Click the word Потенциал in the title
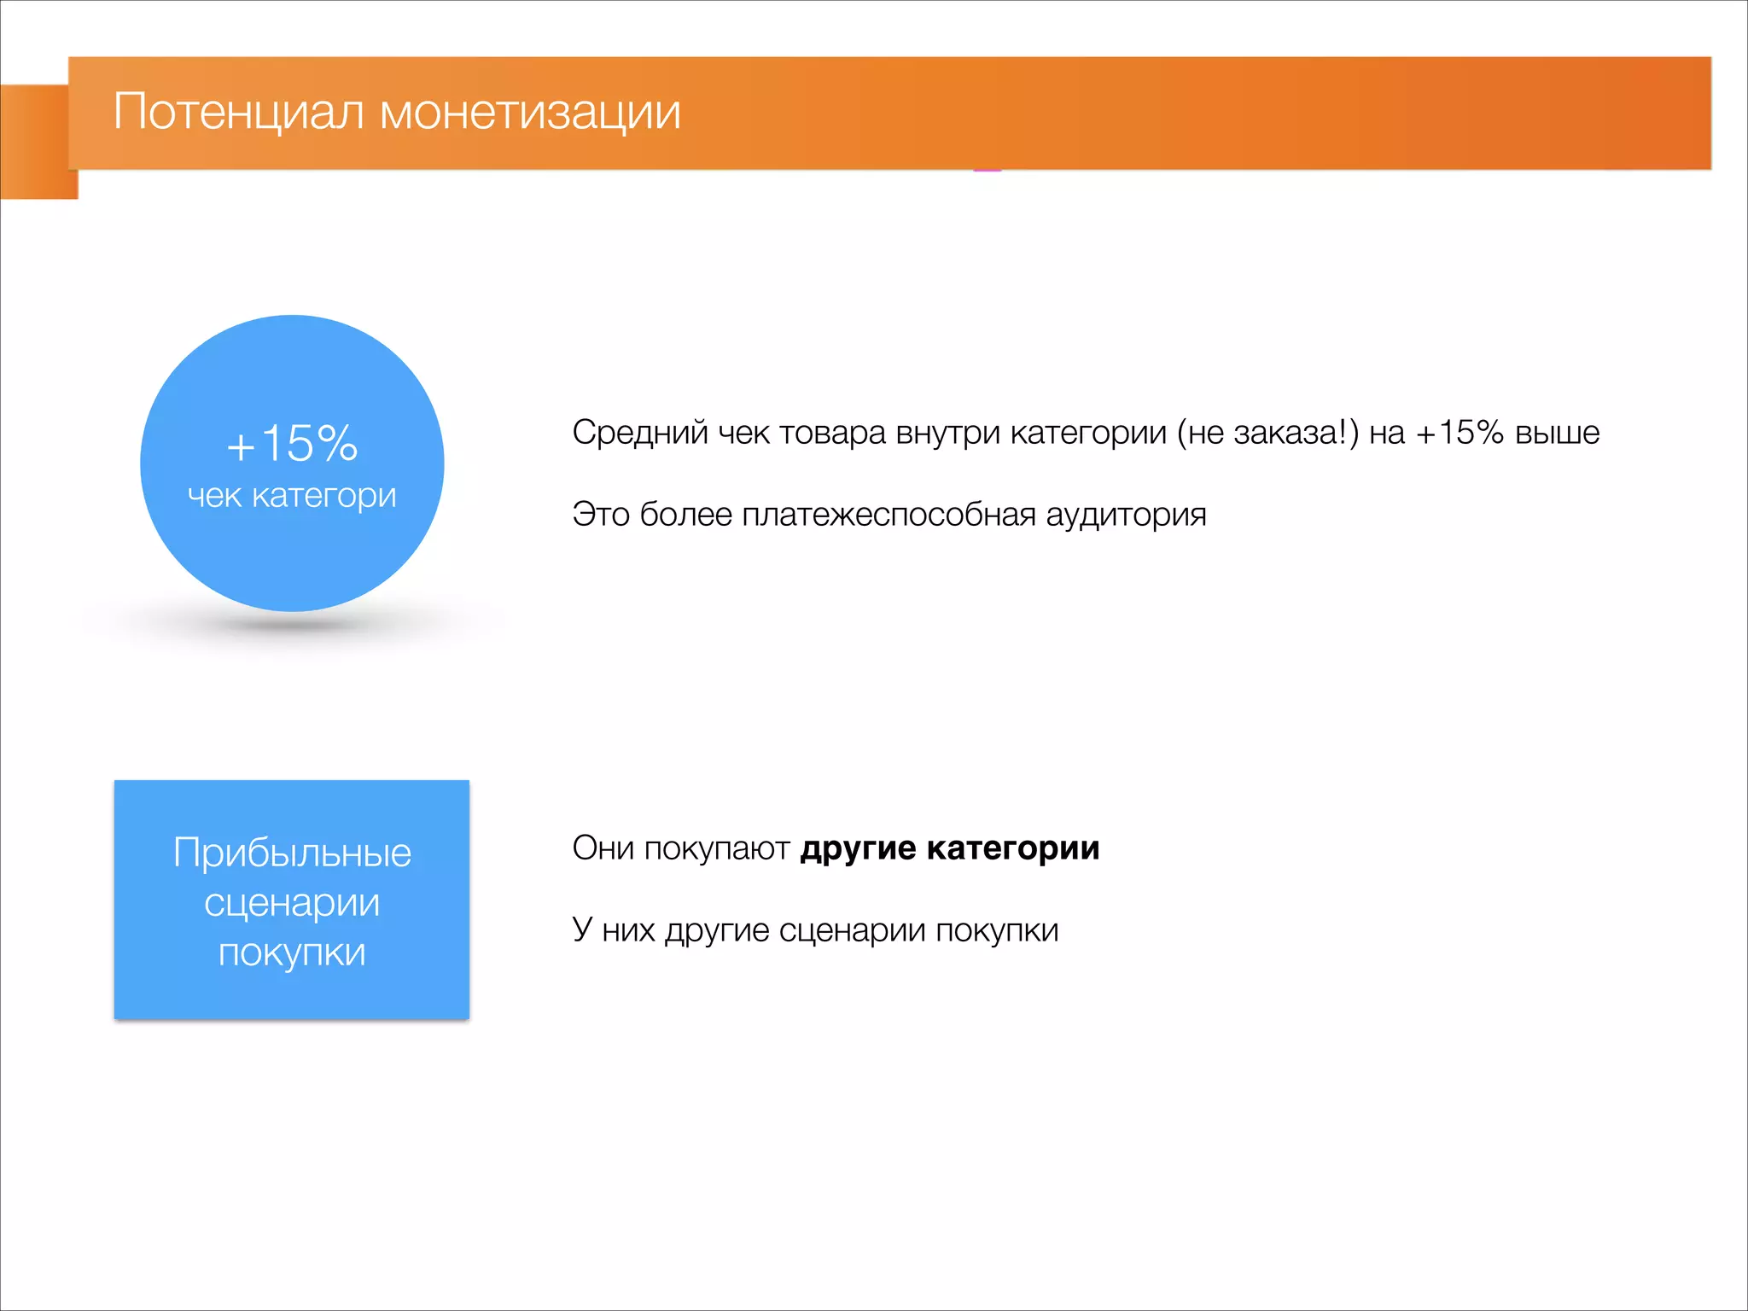tap(238, 113)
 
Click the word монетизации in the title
tap(530, 113)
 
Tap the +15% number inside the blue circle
tap(292, 444)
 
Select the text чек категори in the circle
tap(292, 496)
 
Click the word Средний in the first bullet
tap(639, 433)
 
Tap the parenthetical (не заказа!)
tap(1267, 433)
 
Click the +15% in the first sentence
tap(1460, 433)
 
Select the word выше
tap(1557, 433)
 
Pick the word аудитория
tap(1126, 515)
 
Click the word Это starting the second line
tap(601, 515)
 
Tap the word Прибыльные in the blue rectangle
tap(292, 853)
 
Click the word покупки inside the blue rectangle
tap(292, 953)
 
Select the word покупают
tap(716, 848)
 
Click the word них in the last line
tap(628, 930)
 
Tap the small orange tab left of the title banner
tap(34, 142)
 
